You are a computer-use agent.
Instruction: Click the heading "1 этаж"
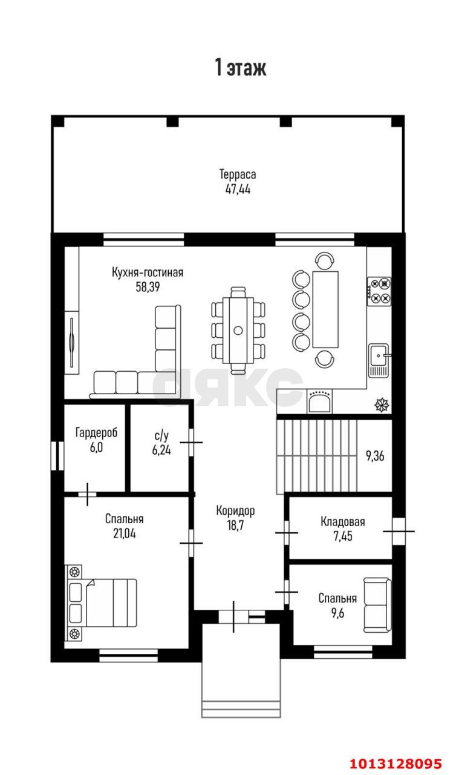coord(241,67)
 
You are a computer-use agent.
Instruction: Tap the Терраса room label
coord(238,174)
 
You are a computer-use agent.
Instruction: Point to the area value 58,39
coord(148,287)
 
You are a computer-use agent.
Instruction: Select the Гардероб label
coord(96,432)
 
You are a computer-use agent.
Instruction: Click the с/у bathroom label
coord(161,436)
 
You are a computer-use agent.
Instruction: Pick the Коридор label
coord(236,510)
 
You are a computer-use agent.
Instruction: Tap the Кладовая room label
coord(343,521)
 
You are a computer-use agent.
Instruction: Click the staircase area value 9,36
coord(375,456)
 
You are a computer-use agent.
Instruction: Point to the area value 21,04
coord(125,533)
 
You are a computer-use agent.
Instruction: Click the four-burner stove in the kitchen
coord(379,291)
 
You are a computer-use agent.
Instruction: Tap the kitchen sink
coord(379,360)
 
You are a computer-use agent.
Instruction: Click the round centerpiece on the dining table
coord(238,330)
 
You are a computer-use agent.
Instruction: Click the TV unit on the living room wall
coord(72,342)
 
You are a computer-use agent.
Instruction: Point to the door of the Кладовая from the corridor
coord(287,533)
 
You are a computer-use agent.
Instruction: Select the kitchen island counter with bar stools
coord(325,309)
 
